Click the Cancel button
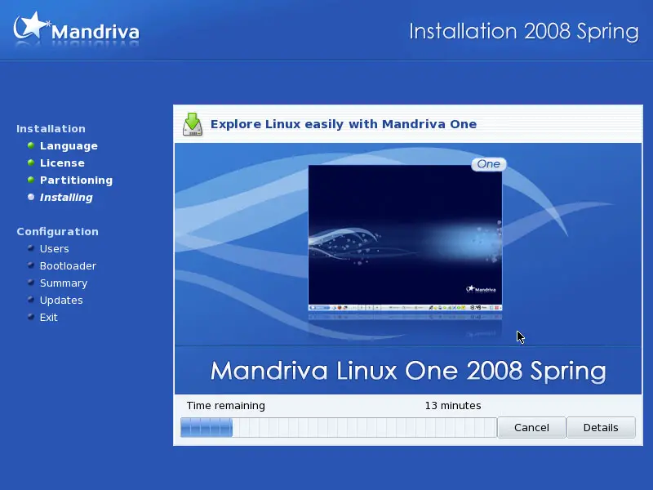point(531,427)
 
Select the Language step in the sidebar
point(69,146)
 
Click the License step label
point(62,163)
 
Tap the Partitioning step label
point(76,180)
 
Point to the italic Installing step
point(66,197)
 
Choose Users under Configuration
point(54,249)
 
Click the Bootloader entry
point(68,266)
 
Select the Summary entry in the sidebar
point(64,283)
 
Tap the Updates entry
point(61,300)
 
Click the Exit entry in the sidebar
point(48,317)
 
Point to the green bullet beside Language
point(31,145)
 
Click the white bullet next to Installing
point(31,197)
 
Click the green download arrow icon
point(193,124)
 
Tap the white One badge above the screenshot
point(488,164)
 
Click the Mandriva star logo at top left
point(30,26)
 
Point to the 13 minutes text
point(453,405)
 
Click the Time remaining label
point(226,405)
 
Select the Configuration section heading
point(57,232)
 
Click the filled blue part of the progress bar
point(207,427)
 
